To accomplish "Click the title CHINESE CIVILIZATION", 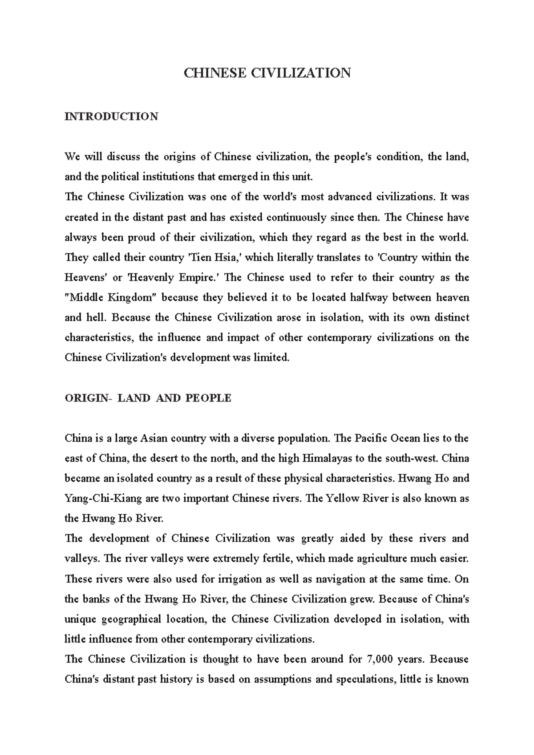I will click(267, 72).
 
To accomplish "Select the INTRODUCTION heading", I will click(111, 116).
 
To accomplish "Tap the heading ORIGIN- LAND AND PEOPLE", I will click(148, 398).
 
